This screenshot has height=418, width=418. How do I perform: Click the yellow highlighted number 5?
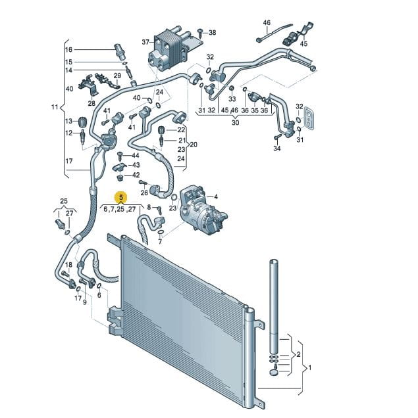coord(121,198)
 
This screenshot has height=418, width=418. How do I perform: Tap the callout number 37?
coord(145,42)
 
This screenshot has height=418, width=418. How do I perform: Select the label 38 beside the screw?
coord(213,33)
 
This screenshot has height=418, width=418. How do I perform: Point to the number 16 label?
coord(68,49)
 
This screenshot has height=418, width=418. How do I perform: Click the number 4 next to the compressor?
coord(216,197)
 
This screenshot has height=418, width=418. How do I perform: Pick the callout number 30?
coord(235,123)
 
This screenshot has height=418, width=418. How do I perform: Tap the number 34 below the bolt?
coord(277,149)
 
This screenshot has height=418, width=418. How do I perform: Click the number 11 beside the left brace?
coord(55,107)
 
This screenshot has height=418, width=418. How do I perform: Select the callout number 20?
coord(194,145)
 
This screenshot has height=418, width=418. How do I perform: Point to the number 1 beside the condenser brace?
coord(309,367)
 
